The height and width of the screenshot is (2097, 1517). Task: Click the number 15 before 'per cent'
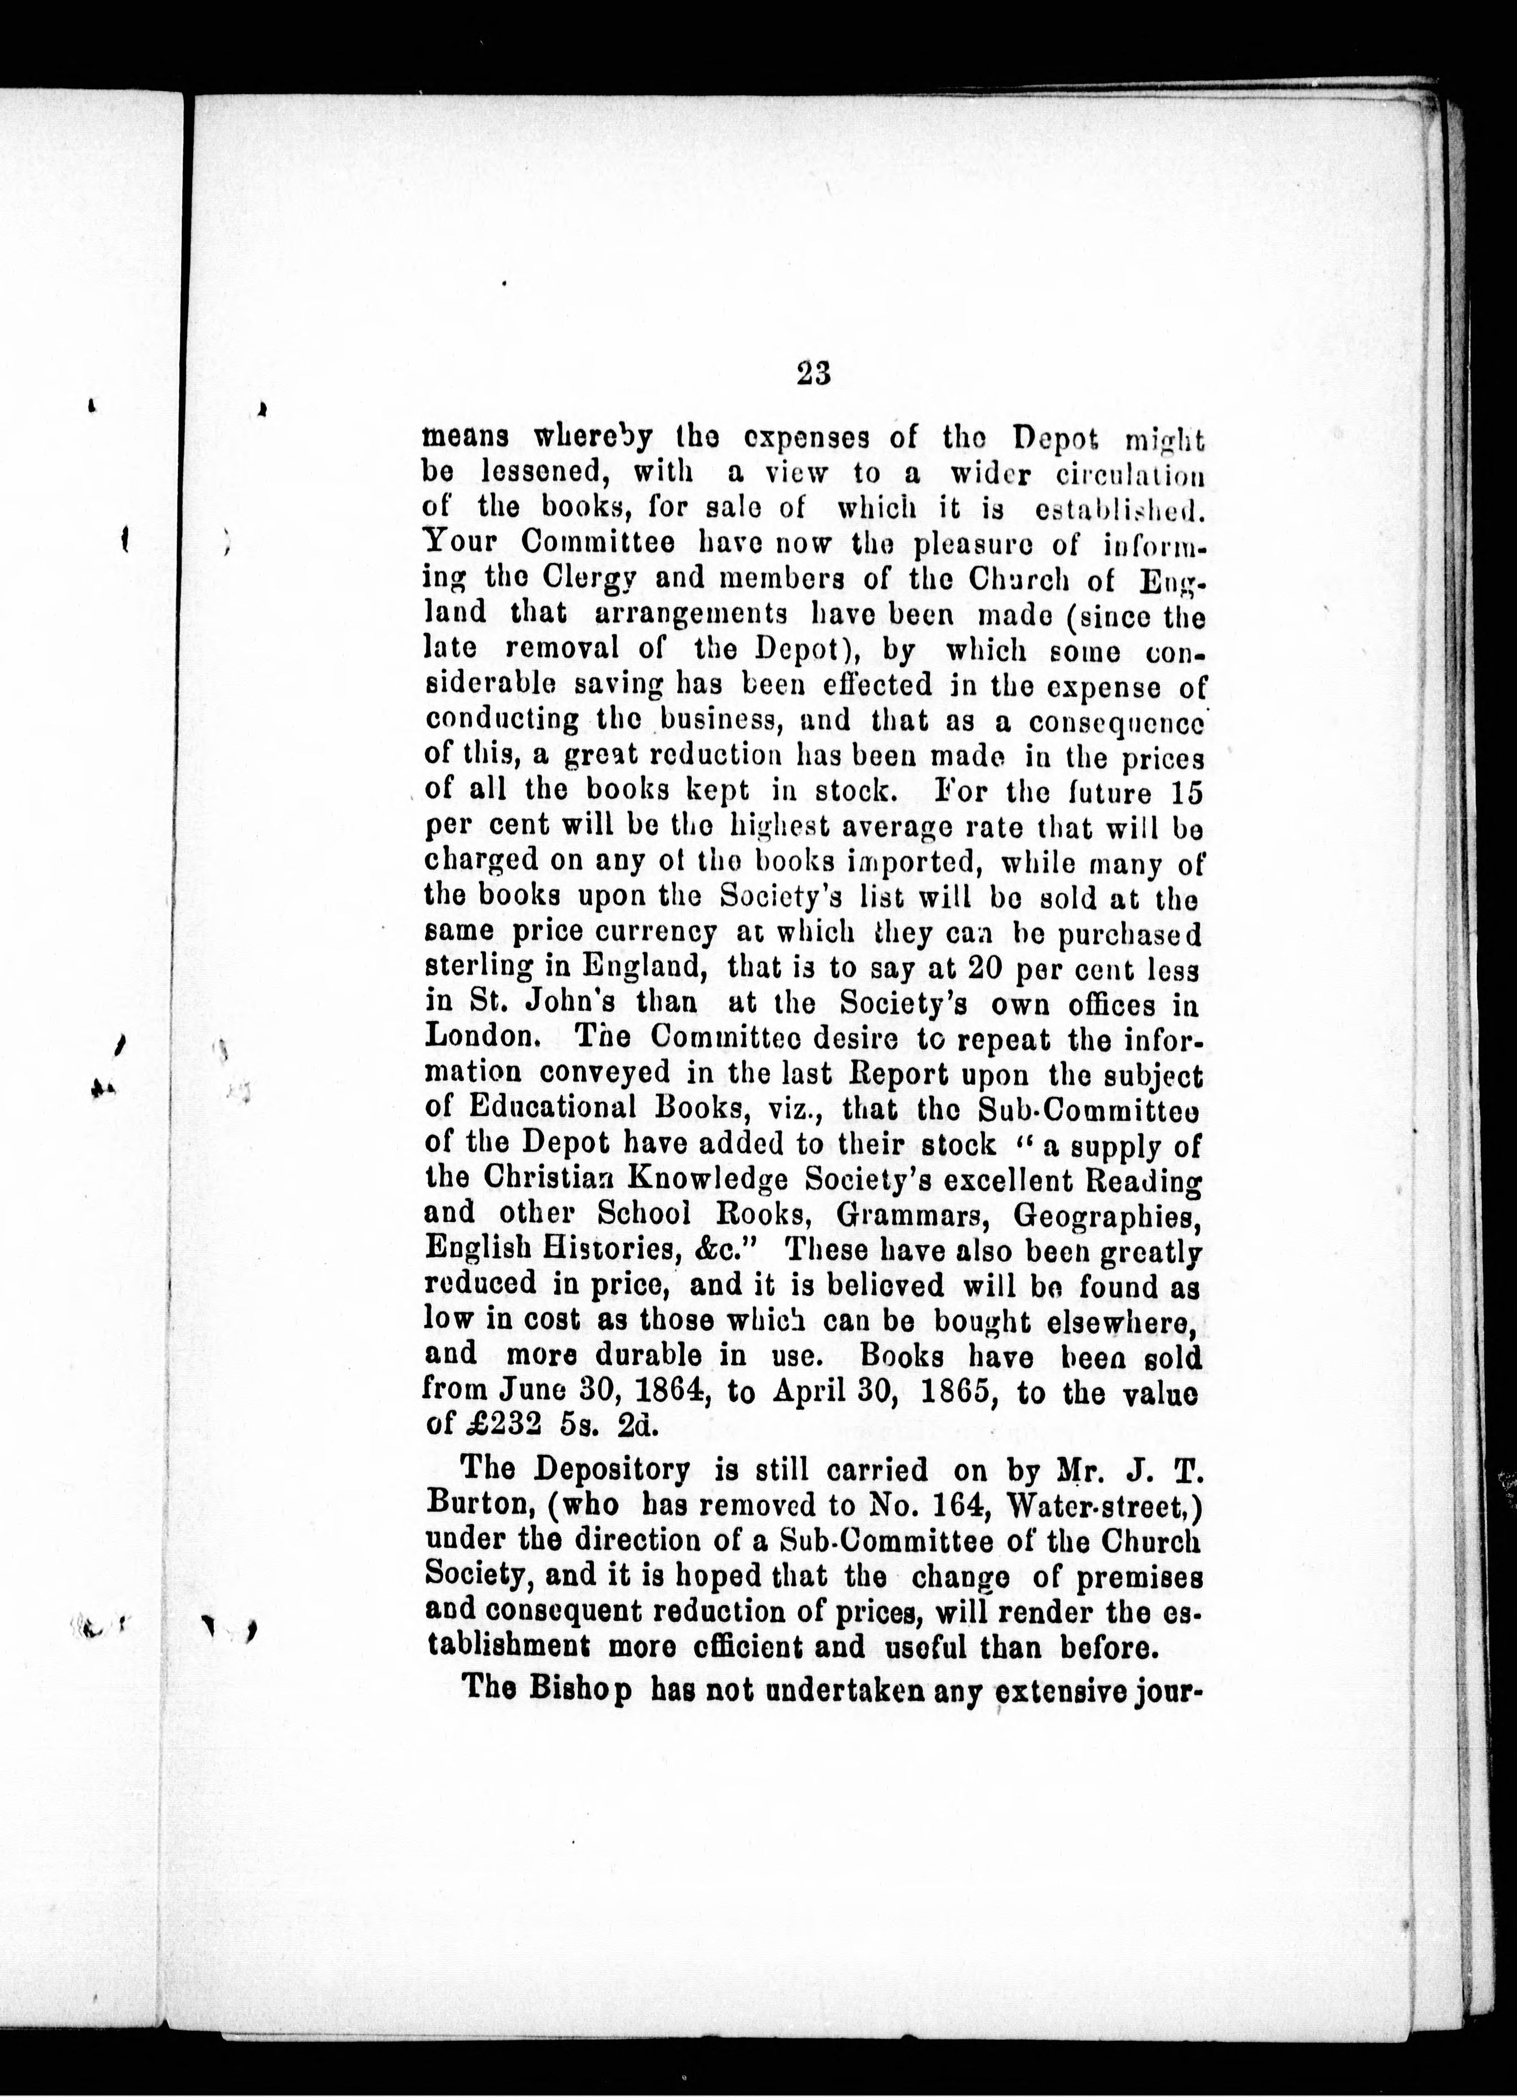(1186, 793)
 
